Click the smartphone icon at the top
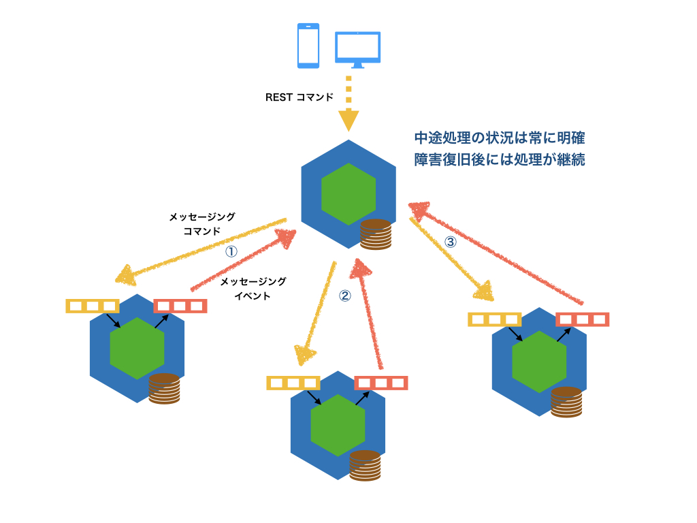point(308,46)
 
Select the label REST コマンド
point(299,97)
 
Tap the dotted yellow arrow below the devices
point(348,103)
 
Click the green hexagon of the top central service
point(348,194)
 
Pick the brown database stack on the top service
point(376,235)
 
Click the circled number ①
point(231,251)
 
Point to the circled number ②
point(344,296)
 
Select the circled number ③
point(450,241)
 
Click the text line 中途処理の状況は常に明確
point(500,138)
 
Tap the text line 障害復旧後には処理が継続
point(500,161)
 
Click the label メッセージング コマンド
point(202,223)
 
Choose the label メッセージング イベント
point(253,288)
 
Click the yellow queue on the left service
point(93,306)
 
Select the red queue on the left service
point(180,306)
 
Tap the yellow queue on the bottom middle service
point(293,383)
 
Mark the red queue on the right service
point(582,319)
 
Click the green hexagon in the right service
point(540,362)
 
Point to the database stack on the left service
point(164,390)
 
